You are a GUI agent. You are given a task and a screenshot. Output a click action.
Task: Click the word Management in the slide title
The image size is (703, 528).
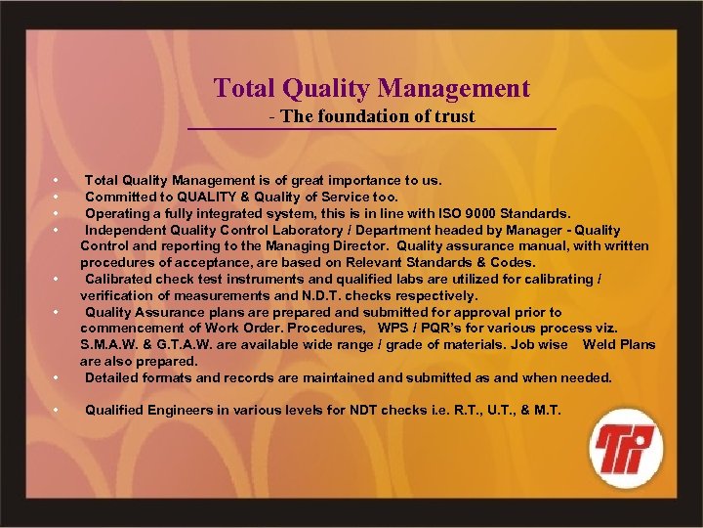454,89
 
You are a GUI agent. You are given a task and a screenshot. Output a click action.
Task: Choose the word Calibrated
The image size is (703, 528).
124,279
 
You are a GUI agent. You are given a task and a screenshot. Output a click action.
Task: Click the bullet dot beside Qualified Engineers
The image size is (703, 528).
58,411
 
